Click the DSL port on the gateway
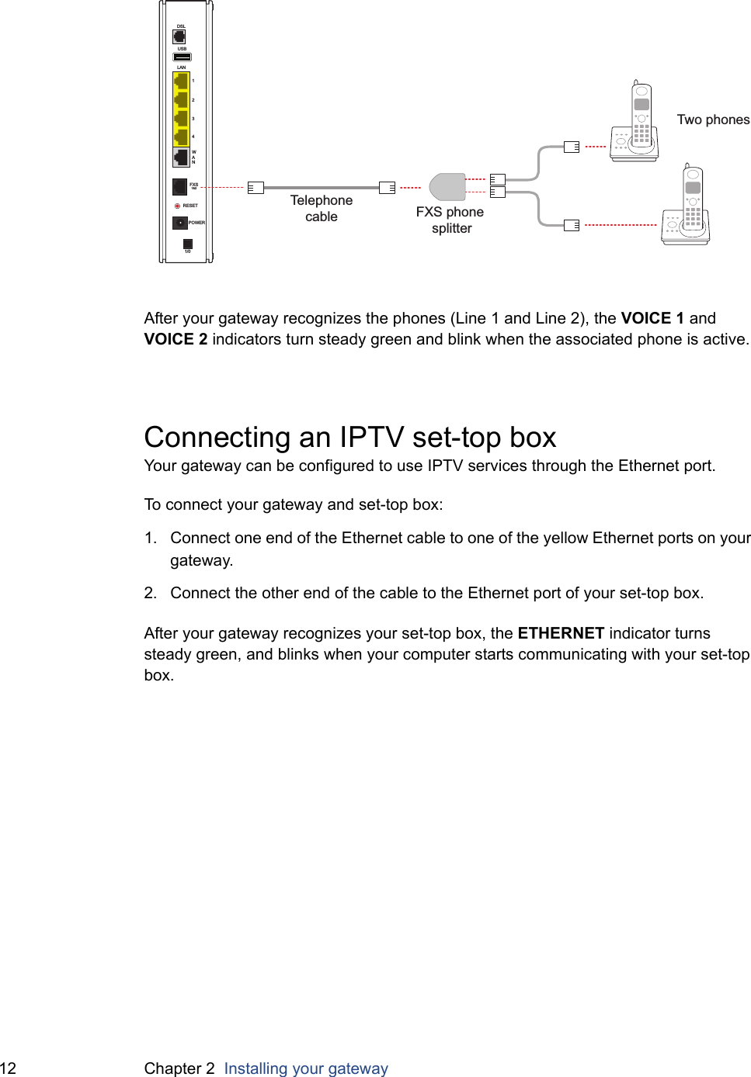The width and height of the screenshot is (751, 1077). point(179,36)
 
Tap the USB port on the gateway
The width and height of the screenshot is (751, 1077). point(182,57)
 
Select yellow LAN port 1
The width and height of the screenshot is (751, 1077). point(181,81)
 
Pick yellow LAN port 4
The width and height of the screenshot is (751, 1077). point(181,137)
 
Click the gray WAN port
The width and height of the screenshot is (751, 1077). point(181,158)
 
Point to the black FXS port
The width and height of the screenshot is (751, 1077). point(179,186)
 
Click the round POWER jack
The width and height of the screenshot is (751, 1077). point(179,223)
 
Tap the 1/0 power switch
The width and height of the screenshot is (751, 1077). point(187,244)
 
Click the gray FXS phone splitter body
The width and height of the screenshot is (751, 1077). point(447,187)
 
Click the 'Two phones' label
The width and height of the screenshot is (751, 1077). point(713,119)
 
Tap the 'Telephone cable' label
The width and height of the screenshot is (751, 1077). point(322,208)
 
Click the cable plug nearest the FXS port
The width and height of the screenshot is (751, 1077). point(256,187)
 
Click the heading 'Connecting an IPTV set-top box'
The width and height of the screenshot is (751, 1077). point(350,437)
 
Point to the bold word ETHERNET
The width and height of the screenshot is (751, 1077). point(561,633)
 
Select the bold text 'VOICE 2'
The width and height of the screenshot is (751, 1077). point(176,339)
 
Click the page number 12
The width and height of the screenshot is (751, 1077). point(9,1068)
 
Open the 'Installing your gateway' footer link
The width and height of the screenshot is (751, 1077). point(306,1068)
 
